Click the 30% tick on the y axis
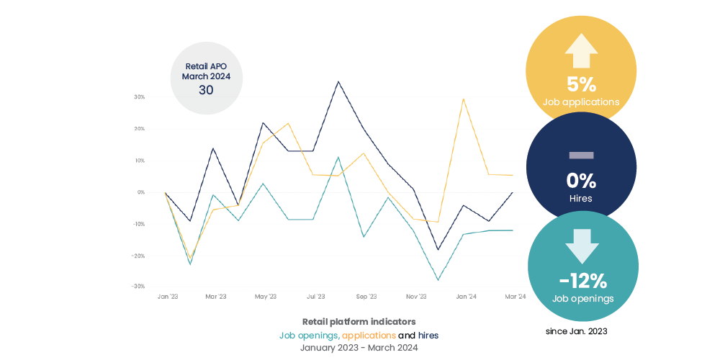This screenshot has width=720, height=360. click(140, 96)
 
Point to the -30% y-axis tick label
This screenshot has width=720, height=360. click(138, 287)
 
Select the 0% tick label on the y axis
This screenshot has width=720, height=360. click(141, 192)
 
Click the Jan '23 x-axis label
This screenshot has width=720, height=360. click(166, 297)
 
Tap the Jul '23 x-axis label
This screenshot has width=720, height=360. click(316, 297)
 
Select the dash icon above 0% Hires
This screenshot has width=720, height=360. click(581, 154)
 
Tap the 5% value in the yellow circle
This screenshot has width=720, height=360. click(582, 84)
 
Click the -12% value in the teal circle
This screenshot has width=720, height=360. click(582, 281)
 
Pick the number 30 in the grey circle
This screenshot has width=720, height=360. click(206, 90)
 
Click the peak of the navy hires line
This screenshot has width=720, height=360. click(338, 81)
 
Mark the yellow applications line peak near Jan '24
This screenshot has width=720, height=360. click(463, 99)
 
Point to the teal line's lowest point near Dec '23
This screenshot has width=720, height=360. click(438, 280)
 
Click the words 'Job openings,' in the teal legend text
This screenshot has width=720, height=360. click(309, 336)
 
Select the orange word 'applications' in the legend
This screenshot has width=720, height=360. click(369, 336)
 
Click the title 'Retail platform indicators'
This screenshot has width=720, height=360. click(359, 322)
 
